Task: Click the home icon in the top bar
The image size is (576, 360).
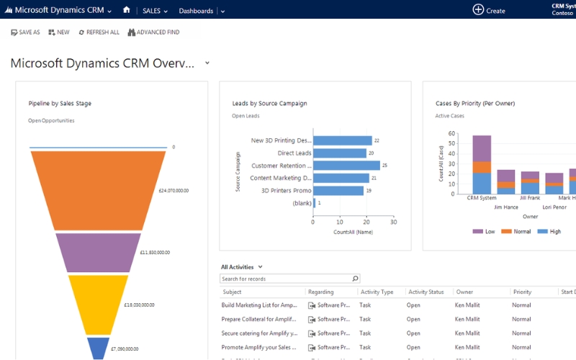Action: tap(127, 10)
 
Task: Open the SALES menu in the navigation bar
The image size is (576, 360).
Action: tap(155, 11)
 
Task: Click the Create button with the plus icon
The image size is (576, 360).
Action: tap(489, 10)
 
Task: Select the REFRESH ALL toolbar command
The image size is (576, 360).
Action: tap(99, 32)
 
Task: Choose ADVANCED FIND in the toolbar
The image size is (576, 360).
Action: tap(153, 32)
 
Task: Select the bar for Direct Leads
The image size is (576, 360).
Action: tap(340, 153)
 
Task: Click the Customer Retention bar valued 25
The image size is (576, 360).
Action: tap(346, 166)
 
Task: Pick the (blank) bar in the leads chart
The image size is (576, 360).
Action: tap(314, 203)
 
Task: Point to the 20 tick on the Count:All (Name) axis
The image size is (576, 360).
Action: tap(366, 222)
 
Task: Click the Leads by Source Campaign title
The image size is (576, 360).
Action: tap(269, 104)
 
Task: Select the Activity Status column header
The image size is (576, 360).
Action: tap(427, 292)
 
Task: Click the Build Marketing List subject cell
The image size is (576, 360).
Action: tap(259, 305)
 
